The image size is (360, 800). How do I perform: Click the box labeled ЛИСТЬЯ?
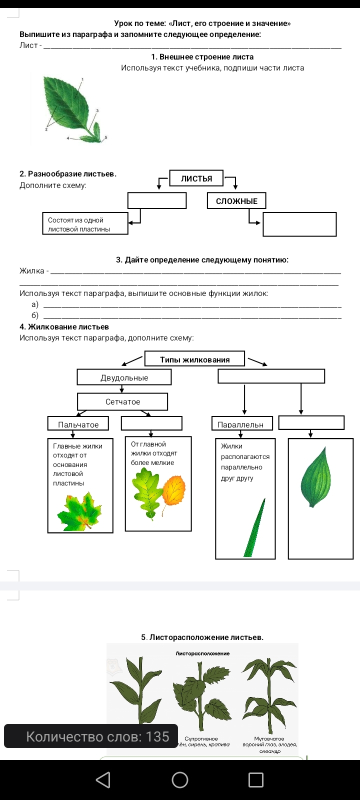click(x=196, y=178)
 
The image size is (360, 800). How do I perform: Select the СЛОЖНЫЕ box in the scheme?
click(x=236, y=201)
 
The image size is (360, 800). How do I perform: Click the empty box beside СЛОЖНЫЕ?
click(x=299, y=224)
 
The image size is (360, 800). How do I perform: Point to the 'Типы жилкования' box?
click(x=194, y=359)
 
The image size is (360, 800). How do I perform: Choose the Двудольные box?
click(x=124, y=377)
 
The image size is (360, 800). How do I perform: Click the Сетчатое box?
click(x=122, y=401)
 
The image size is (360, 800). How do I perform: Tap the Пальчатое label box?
click(x=78, y=424)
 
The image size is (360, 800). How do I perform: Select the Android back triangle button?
click(x=102, y=780)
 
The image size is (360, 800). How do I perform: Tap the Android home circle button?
click(x=180, y=780)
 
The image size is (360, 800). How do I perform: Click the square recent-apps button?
click(x=256, y=780)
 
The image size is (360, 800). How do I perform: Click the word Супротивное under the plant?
click(x=201, y=738)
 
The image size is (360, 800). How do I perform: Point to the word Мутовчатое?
click(x=269, y=738)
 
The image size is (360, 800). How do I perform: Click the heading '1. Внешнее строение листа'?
click(x=202, y=57)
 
